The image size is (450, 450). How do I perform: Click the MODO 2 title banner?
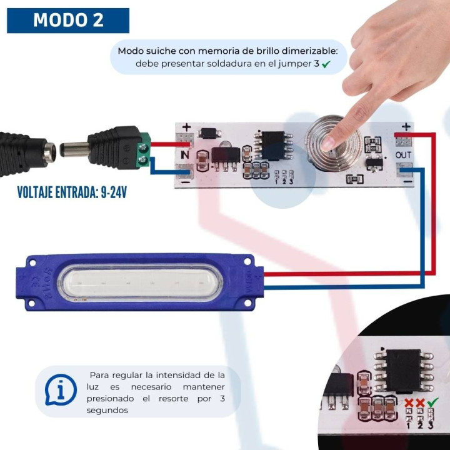[x=68, y=20]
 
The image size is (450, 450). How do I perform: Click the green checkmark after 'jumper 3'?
[x=326, y=64]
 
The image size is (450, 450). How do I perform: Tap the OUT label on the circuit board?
[x=403, y=154]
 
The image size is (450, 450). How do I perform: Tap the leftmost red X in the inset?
[x=409, y=402]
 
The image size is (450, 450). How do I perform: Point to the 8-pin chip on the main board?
[x=273, y=146]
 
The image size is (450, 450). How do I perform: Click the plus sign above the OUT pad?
[x=406, y=127]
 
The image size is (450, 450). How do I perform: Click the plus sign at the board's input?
[x=186, y=127]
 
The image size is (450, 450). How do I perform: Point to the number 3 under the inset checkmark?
[x=431, y=425]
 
